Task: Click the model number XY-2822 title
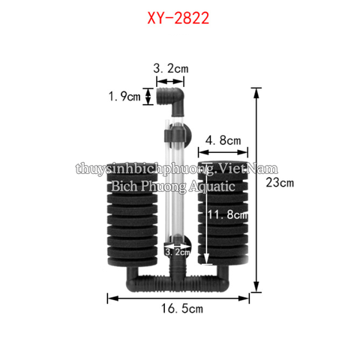click(x=179, y=16)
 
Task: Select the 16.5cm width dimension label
click(x=181, y=307)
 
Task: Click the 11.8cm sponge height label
click(x=228, y=215)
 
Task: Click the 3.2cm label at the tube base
click(x=178, y=253)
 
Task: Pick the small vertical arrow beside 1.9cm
click(x=148, y=96)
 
